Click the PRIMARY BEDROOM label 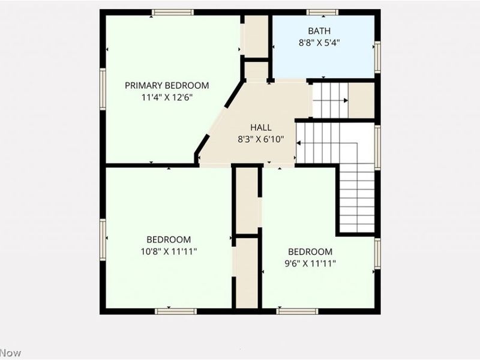point(167,85)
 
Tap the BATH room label point(319,31)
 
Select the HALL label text point(261,128)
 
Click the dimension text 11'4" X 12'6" point(167,97)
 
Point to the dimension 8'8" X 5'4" point(319,43)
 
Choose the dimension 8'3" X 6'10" point(261,139)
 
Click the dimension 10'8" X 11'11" point(169,251)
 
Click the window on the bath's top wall point(323,12)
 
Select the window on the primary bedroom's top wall point(172,12)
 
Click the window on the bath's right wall point(377,56)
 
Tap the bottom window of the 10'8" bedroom point(176,311)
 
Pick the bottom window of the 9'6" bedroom point(297,311)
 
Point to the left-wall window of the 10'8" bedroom point(103,239)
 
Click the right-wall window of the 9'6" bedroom point(377,253)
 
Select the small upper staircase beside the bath point(330,100)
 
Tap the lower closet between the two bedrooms point(246,274)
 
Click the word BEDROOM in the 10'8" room point(169,239)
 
